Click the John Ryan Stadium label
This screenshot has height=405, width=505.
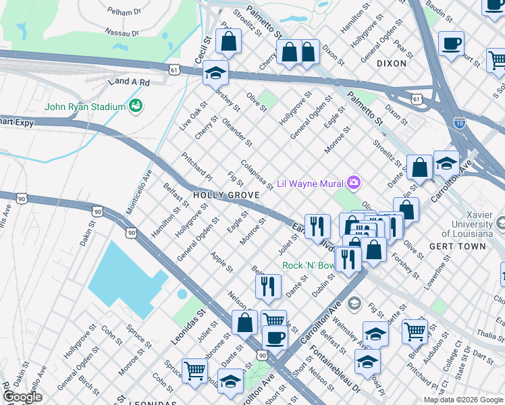point(85,107)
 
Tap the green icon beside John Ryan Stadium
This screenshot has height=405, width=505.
point(136,106)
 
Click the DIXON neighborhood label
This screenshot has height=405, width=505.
point(392,63)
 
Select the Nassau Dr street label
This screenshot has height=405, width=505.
point(122,32)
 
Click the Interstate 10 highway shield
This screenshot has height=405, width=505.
point(459,122)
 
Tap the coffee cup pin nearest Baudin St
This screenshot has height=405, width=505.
point(450,44)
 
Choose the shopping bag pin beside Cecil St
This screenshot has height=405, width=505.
point(229,41)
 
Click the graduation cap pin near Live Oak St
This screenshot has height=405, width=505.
point(215,72)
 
